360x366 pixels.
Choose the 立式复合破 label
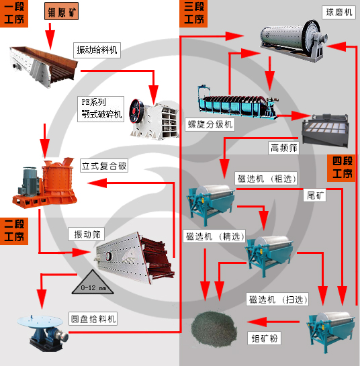tap(104, 165)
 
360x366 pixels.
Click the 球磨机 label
tap(339, 12)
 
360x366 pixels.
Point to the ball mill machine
tap(292, 38)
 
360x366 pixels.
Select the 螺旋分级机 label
tap(210, 124)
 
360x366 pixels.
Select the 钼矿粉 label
tap(264, 338)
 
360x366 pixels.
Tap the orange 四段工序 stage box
tap(341, 167)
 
